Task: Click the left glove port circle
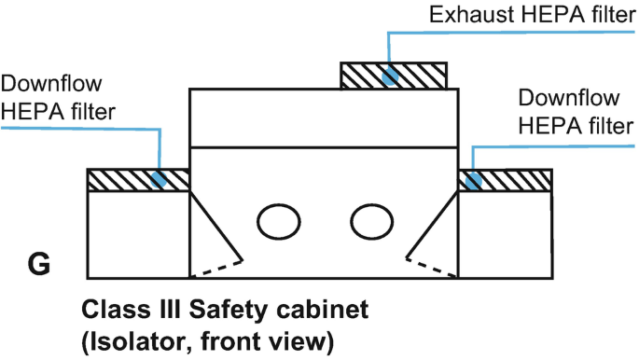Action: [279, 222]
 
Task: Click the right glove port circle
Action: [371, 222]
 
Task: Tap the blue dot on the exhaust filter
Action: [390, 76]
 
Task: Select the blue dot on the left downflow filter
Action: [159, 179]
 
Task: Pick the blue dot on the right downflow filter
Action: [474, 180]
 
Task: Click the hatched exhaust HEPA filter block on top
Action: [394, 76]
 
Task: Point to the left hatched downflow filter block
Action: [138, 180]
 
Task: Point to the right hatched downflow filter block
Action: [506, 180]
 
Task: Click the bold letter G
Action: [39, 264]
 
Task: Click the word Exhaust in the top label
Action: [471, 15]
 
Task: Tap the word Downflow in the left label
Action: [51, 84]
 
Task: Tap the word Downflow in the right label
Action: [569, 98]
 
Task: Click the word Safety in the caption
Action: [229, 311]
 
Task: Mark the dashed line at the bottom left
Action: [216, 269]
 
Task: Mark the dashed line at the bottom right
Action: [432, 267]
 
